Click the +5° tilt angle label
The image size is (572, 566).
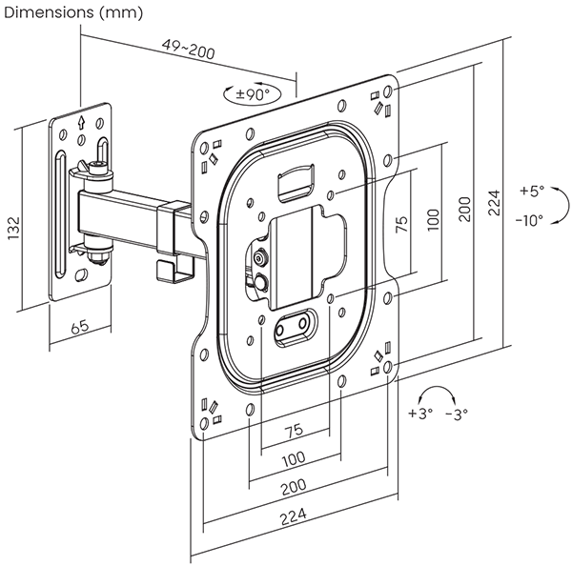tap(532, 191)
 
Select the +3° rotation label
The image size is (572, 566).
tap(420, 414)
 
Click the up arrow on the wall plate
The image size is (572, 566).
tap(82, 122)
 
